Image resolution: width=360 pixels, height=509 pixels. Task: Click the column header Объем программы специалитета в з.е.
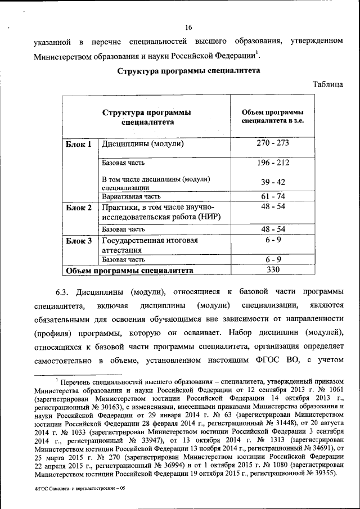[273, 116]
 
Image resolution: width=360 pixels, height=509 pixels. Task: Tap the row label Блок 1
[79, 144]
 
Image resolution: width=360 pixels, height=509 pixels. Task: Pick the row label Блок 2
[79, 208]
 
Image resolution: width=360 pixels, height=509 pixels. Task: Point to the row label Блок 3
[79, 241]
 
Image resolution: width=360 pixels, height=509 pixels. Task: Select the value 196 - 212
[273, 163]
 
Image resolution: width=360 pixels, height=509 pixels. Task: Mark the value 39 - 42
[273, 182]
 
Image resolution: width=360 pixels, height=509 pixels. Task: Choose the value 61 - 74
[273, 196]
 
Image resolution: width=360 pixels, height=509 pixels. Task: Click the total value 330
[273, 271]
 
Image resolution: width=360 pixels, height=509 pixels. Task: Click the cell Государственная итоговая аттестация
[149, 245]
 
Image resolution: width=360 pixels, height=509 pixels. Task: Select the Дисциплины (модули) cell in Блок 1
[143, 144]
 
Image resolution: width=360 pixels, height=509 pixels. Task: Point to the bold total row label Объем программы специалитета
[129, 271]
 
